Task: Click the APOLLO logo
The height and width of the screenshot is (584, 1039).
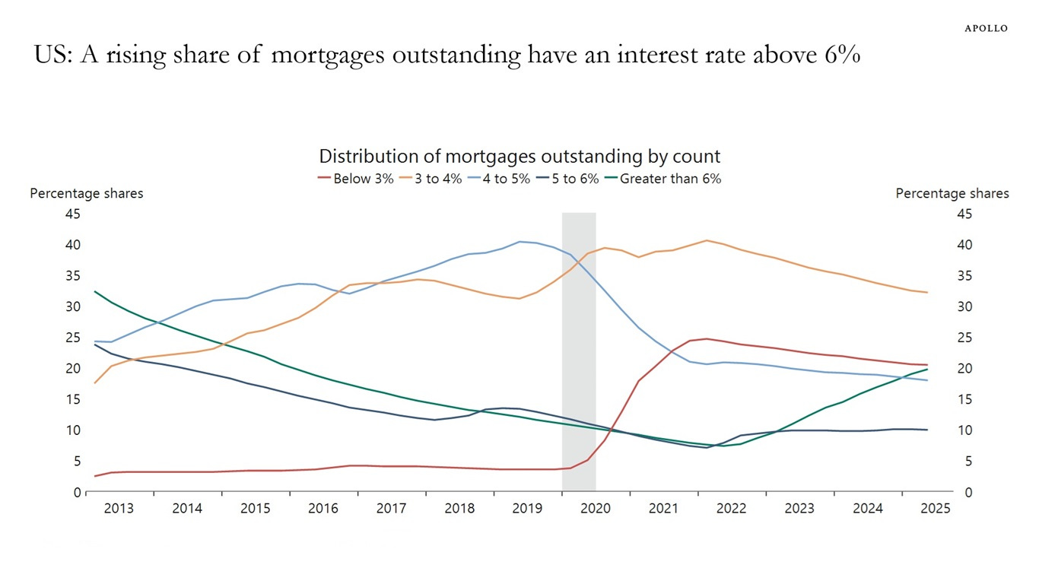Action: point(986,28)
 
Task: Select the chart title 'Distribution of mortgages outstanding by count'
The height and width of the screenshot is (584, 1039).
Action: point(519,157)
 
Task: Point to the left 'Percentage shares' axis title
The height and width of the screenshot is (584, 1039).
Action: point(87,193)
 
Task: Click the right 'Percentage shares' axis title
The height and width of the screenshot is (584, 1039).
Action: point(952,193)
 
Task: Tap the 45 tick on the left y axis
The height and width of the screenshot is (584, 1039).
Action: point(73,214)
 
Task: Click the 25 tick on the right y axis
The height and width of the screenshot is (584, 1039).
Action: point(964,338)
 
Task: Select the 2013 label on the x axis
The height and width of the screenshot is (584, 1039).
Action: point(119,509)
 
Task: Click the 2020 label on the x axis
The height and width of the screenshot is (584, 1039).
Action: point(596,509)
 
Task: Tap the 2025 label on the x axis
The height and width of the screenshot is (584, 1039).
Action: point(936,509)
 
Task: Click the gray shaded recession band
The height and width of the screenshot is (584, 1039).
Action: point(579,350)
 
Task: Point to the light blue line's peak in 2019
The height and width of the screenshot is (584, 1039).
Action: point(520,242)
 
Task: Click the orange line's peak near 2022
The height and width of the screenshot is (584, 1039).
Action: point(707,240)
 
